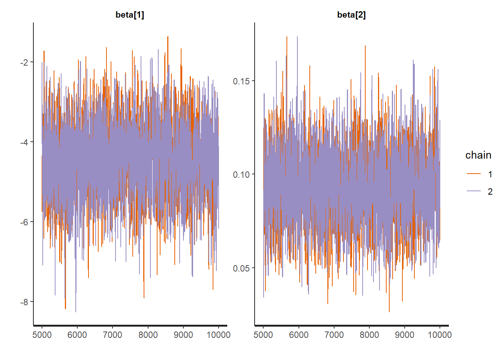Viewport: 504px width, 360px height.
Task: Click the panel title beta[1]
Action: tap(130, 15)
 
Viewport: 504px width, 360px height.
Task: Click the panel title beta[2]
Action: tap(351, 15)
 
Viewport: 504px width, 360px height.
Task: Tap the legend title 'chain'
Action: tap(478, 155)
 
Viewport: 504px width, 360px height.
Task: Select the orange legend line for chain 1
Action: tap(474, 174)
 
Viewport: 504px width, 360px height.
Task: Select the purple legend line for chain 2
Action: tap(474, 191)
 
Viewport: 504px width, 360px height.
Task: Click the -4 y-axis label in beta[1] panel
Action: tap(24, 142)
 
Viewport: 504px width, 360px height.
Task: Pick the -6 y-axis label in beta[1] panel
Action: tap(24, 222)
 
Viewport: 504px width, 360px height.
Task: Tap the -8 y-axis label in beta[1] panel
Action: tap(24, 302)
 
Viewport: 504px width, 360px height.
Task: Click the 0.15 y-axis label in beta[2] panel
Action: tap(241, 81)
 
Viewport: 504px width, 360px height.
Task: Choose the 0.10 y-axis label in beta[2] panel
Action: tap(241, 174)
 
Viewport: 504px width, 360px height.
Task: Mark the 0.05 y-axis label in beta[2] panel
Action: tap(241, 268)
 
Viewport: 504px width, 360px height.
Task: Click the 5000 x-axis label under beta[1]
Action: tap(42, 335)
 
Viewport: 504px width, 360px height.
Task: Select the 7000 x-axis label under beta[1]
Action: tap(112, 335)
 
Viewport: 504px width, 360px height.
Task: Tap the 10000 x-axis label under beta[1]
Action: tap(218, 335)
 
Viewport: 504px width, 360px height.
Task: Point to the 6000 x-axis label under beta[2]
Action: tap(298, 335)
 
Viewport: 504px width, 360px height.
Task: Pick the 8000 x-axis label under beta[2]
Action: tap(369, 335)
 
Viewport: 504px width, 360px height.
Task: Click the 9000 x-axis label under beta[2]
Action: tap(405, 335)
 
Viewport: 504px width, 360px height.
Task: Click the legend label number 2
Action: tap(490, 191)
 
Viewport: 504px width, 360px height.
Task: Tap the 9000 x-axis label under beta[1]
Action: tap(183, 335)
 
